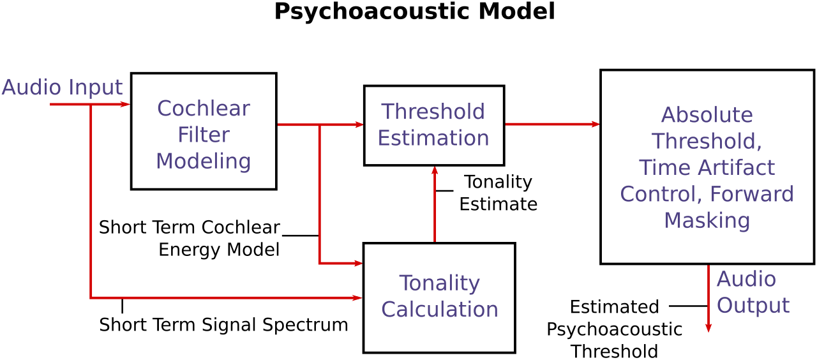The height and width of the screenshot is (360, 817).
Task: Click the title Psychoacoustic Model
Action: click(415, 11)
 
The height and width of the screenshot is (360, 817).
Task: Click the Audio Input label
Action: click(62, 87)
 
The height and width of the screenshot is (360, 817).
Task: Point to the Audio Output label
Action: click(753, 292)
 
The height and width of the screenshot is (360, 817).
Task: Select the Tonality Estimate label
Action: click(498, 193)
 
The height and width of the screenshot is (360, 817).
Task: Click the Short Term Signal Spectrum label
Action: click(223, 325)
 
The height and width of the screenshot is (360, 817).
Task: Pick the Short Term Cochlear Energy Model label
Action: click(190, 239)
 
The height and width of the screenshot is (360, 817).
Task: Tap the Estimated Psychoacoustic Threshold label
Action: click(615, 329)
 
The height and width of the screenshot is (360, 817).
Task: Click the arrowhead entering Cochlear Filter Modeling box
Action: click(125, 104)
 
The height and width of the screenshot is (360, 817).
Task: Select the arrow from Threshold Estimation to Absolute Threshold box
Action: click(553, 124)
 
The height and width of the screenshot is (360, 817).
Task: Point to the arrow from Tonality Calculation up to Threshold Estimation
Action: click(435, 204)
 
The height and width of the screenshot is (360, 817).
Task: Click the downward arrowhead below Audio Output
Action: click(708, 327)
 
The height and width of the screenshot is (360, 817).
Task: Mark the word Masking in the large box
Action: click(707, 220)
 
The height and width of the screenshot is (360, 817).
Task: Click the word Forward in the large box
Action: click(752, 193)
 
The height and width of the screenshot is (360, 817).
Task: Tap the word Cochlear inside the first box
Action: click(204, 109)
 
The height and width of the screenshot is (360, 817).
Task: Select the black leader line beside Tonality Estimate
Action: click(445, 191)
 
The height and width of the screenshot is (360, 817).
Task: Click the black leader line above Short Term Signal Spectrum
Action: click(122, 306)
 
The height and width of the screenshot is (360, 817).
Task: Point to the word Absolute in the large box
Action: click(707, 115)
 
